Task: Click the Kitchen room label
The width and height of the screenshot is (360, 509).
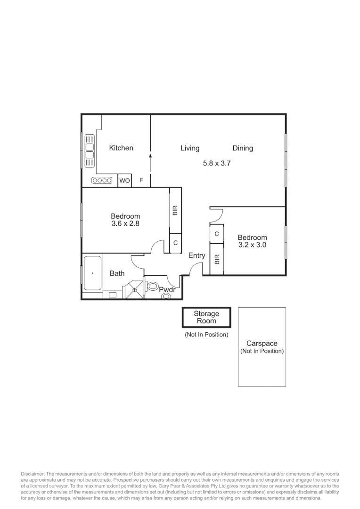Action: tap(121, 148)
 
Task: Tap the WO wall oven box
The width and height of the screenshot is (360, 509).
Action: tap(124, 181)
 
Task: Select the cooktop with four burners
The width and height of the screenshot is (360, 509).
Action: tap(102, 181)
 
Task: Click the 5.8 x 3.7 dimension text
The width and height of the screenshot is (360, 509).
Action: tap(216, 164)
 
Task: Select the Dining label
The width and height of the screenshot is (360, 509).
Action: tap(243, 148)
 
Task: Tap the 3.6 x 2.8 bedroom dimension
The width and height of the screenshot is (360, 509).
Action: tap(125, 224)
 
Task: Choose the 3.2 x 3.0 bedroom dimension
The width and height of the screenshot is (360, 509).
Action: tap(252, 245)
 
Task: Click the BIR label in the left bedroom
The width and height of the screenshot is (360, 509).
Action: tap(175, 210)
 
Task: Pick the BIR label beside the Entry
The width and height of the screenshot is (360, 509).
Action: tap(217, 259)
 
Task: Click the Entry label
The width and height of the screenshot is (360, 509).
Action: tap(196, 255)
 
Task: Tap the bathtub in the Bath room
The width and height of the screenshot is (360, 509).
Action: tap(92, 273)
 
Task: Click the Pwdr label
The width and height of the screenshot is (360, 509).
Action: tap(167, 290)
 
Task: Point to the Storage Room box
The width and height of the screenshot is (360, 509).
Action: tap(206, 317)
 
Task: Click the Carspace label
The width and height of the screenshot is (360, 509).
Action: tap(262, 344)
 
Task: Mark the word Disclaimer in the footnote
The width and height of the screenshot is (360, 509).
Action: tap(32, 474)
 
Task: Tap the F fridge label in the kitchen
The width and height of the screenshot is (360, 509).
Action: tap(141, 181)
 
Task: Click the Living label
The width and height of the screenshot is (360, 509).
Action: tap(190, 148)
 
